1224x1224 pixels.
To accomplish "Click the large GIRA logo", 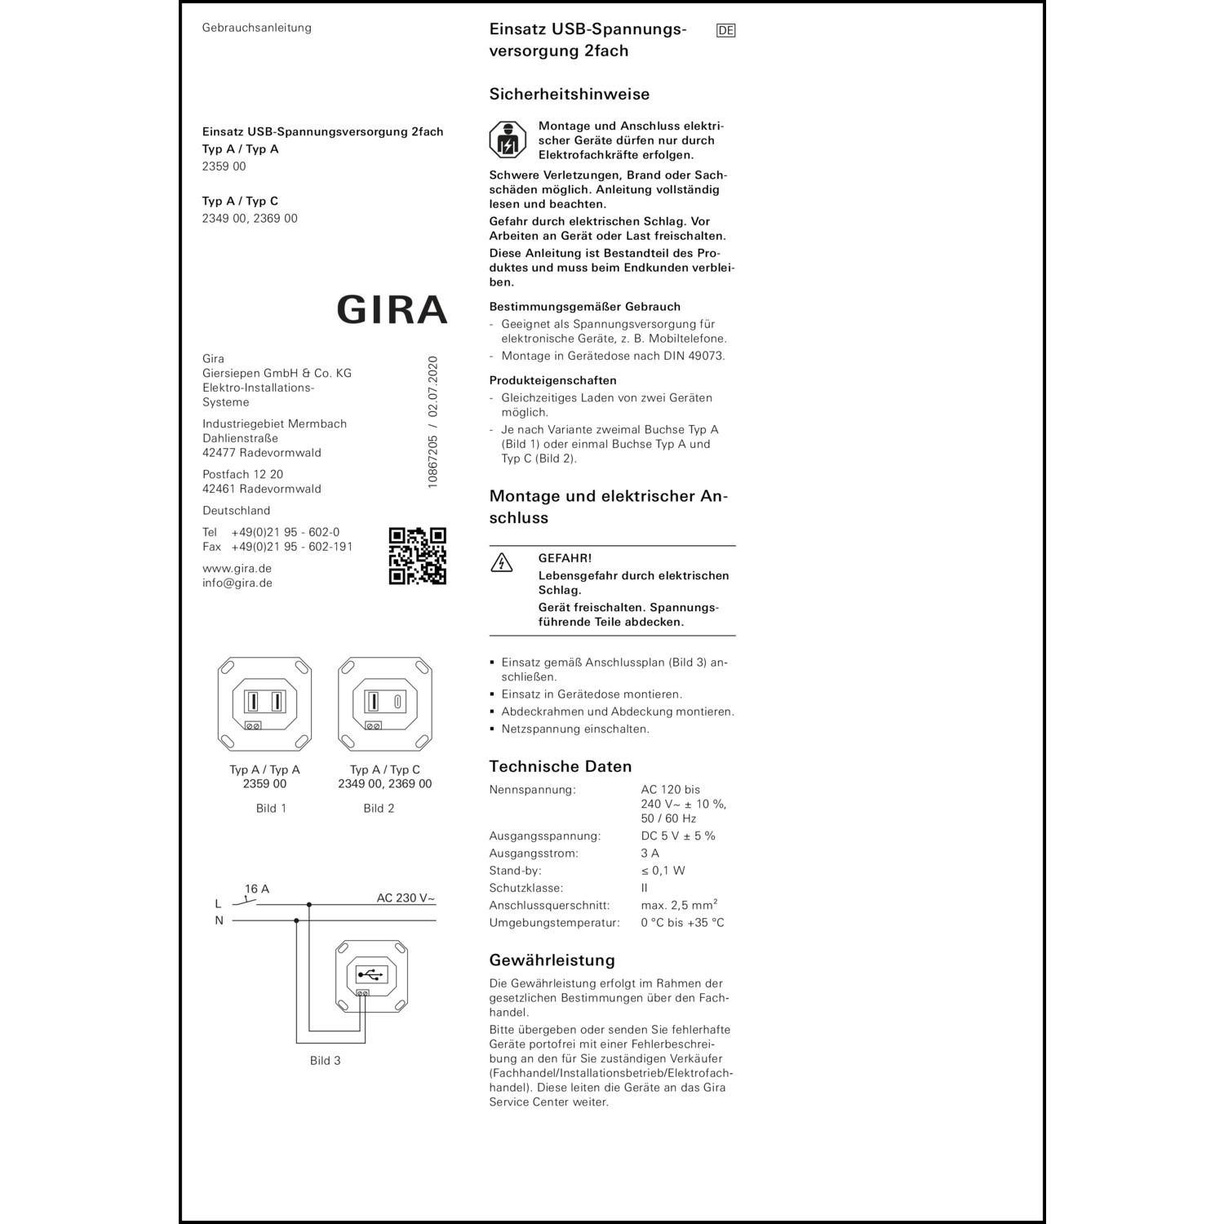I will (x=392, y=310).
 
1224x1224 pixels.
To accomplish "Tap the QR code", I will (x=417, y=556).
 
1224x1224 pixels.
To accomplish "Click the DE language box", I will (x=725, y=31).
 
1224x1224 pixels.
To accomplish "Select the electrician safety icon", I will (x=508, y=140).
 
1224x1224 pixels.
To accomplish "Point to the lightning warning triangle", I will (x=501, y=562).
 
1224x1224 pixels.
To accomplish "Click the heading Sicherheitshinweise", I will (x=569, y=94).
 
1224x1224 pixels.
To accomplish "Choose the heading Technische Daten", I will (x=560, y=766).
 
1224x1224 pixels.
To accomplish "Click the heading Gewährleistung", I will (x=552, y=960).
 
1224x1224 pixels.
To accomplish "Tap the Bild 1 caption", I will (x=271, y=808).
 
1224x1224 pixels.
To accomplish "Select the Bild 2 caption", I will (x=379, y=808).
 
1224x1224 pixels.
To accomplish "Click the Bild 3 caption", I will (x=325, y=1060).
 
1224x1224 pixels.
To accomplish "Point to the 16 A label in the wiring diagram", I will (x=257, y=889).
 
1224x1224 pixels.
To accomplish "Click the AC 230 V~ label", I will (x=406, y=898).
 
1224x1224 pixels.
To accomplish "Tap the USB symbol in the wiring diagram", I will (x=371, y=974).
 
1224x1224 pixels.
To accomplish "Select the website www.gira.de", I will (x=237, y=568).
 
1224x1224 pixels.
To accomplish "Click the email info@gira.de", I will (x=237, y=583).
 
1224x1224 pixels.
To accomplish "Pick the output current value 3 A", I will (x=650, y=853).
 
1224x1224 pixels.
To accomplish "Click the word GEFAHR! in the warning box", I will (x=565, y=558).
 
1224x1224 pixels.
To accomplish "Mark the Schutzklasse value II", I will (x=644, y=888).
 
